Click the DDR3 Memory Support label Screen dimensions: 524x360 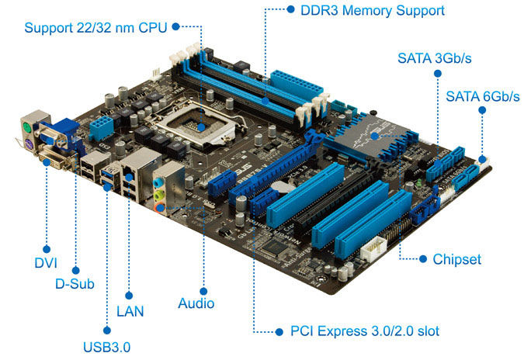click(x=373, y=10)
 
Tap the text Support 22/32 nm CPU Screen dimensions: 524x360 click(x=95, y=28)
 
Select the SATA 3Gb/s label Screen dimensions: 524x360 click(x=435, y=58)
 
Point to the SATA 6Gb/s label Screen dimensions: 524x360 click(x=483, y=96)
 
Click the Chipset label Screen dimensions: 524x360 click(x=456, y=259)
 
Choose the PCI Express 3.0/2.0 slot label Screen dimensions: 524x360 click(x=365, y=331)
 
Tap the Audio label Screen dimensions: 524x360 click(x=196, y=303)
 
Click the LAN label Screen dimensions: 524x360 click(x=130, y=312)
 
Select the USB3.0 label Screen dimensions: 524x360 click(x=106, y=348)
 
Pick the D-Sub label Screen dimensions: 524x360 click(x=75, y=284)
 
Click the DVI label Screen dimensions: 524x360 click(x=46, y=263)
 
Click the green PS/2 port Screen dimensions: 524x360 click(x=27, y=128)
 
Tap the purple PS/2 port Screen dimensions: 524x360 click(x=29, y=145)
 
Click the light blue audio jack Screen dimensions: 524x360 click(x=158, y=182)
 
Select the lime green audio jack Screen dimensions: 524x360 click(x=159, y=195)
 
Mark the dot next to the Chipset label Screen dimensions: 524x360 click(x=423, y=259)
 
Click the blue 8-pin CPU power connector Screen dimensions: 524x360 click(x=102, y=127)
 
